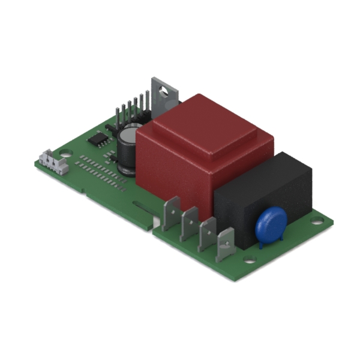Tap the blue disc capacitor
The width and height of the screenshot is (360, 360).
click(269, 222)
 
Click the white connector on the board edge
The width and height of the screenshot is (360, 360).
click(52, 162)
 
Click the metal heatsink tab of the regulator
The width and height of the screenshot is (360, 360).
click(165, 96)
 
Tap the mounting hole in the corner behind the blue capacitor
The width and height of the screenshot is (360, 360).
click(316, 220)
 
